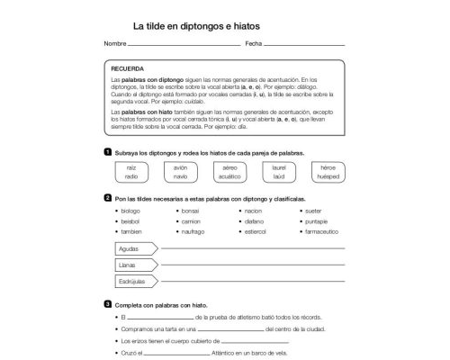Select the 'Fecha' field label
pyautogui.click(x=253, y=43)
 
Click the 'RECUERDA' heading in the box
pyautogui.click(x=126, y=67)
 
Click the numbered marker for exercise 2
pyautogui.click(x=108, y=197)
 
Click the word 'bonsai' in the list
pyautogui.click(x=190, y=210)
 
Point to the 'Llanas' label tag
pyautogui.click(x=128, y=265)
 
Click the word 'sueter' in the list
pyautogui.click(x=316, y=210)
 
